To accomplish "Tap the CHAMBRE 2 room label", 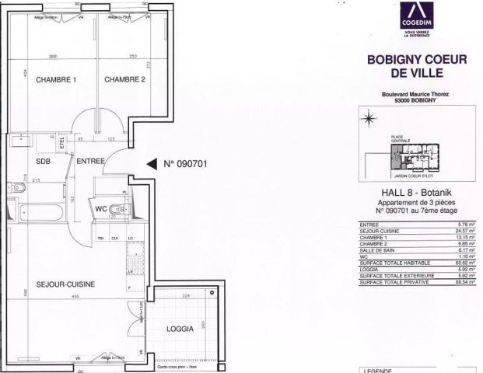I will pos(125,78).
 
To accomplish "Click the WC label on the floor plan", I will pos(101,208).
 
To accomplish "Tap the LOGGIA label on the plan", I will pos(180,329).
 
